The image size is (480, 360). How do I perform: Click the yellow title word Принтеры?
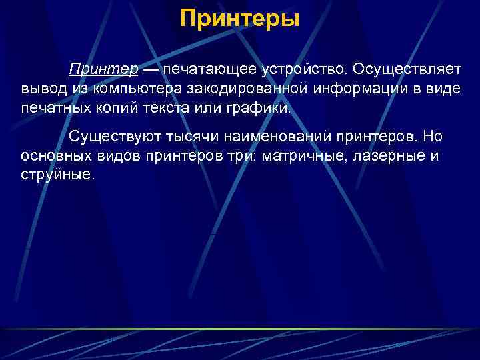(240, 18)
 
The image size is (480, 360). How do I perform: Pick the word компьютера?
(138, 89)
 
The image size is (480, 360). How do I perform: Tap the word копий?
(118, 108)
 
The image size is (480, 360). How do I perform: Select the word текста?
(169, 108)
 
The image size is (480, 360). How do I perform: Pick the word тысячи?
(195, 137)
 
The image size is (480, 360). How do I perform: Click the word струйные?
(58, 175)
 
